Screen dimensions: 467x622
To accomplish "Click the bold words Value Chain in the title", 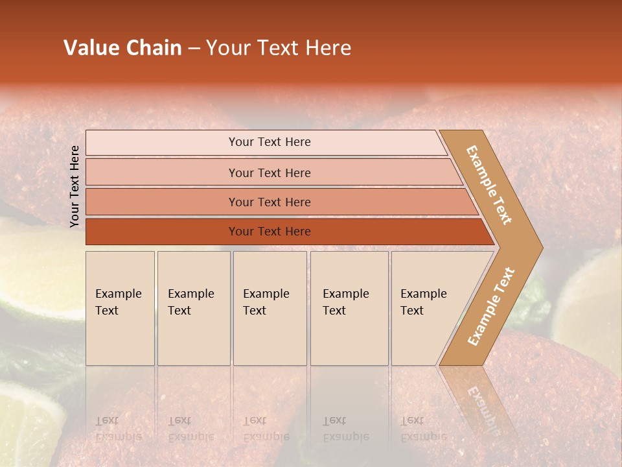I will tap(122, 48).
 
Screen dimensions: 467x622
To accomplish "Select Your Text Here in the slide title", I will tap(279, 48).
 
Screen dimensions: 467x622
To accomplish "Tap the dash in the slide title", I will tap(194, 49).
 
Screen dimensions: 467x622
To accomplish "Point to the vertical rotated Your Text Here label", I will tap(75, 186).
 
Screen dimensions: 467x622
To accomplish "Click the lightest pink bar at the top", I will tap(269, 142).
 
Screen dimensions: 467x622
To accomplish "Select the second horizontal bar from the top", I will tap(269, 173).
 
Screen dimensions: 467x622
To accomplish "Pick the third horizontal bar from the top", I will tap(269, 202).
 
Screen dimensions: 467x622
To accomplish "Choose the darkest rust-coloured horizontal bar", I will tap(269, 232).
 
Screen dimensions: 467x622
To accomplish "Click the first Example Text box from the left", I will tap(120, 308).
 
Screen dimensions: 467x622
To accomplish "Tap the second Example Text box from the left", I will tap(193, 308).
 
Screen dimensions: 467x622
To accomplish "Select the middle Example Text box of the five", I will tap(270, 308).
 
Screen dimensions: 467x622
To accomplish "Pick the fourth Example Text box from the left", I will tap(349, 308).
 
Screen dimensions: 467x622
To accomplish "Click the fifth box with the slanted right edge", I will tap(428, 308).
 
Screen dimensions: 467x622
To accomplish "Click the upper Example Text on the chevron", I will tap(489, 185).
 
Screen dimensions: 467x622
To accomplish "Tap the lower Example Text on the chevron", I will tap(491, 306).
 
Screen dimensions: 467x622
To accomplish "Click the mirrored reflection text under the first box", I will tap(118, 429).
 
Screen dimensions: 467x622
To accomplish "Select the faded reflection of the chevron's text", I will tap(483, 405).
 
